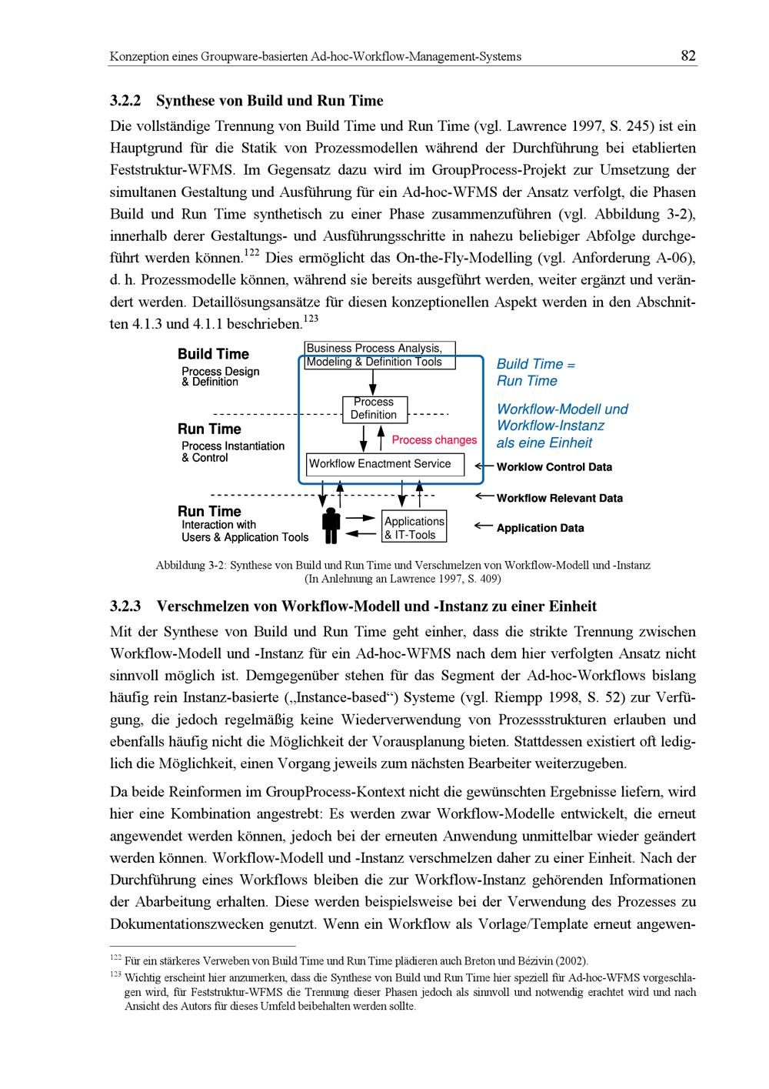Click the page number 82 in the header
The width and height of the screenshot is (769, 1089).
688,55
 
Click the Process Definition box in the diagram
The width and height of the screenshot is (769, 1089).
374,409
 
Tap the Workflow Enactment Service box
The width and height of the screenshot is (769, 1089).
384,464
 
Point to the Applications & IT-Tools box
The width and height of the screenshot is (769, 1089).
414,528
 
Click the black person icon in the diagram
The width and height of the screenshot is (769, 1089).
331,526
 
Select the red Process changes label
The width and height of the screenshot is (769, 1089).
434,440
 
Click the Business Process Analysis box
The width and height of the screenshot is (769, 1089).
379,355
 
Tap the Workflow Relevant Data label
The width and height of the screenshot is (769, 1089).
559,498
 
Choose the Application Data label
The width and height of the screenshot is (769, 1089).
540,528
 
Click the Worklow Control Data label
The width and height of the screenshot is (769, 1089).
554,467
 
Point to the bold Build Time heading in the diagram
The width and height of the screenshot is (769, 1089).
213,354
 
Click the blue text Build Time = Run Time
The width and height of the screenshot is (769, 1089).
535,372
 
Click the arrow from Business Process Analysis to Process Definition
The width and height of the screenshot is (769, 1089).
373,382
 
